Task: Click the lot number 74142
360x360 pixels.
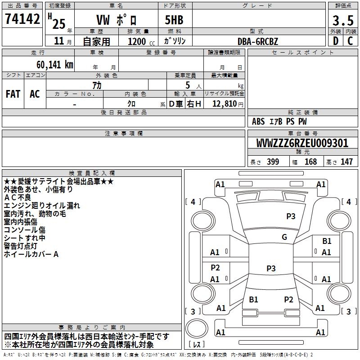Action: coord(22,18)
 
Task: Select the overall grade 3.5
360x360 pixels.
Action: coord(343,20)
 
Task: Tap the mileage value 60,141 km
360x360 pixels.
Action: coord(55,65)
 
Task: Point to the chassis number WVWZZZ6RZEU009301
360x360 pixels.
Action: coord(302,143)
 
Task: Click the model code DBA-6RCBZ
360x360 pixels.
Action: coord(257,41)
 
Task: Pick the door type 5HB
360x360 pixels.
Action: coord(174,20)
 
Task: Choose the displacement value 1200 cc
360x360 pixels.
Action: coord(141,41)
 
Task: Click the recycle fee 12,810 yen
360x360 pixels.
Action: coord(228,104)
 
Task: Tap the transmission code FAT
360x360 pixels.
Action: coord(13,94)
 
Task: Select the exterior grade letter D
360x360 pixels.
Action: coord(336,41)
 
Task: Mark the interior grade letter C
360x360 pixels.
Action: coord(350,41)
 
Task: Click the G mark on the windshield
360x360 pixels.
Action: coord(284,237)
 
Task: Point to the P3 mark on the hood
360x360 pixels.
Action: coord(291,216)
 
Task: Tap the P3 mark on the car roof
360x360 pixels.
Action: coord(271,268)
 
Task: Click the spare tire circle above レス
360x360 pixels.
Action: coord(197,328)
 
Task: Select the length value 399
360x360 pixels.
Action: coord(273,162)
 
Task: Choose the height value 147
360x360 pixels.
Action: coord(346,162)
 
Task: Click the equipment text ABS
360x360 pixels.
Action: coord(258,121)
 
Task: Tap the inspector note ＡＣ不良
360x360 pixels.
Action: coord(18,198)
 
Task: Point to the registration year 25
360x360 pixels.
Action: coord(59,24)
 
